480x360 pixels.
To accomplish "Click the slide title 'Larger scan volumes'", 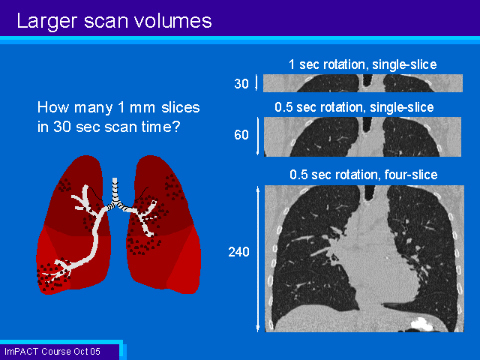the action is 114,22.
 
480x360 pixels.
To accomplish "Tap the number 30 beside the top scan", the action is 241,83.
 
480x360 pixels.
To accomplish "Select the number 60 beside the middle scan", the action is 241,135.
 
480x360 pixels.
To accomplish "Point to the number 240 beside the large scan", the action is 238,252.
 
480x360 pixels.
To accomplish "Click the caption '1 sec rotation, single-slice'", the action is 363,64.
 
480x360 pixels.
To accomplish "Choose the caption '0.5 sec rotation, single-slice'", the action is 354,107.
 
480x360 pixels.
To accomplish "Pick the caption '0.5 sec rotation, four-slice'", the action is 364,175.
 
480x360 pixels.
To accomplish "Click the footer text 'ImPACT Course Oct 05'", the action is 52,352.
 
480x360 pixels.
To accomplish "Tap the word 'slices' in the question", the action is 181,107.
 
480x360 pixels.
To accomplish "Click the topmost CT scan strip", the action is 363,83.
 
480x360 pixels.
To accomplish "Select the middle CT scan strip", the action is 362,136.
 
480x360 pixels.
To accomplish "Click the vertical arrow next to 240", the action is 258,259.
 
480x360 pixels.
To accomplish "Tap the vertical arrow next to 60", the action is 258,136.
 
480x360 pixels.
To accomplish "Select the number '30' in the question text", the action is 62,127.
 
